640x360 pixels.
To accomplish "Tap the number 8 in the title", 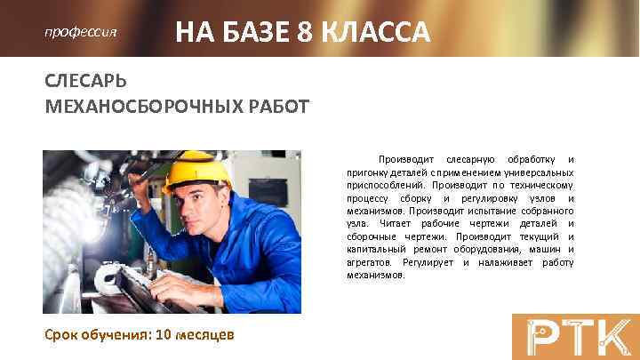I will [x=307, y=33].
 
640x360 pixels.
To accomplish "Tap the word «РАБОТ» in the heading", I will [x=276, y=108].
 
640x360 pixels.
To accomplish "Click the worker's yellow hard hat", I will [x=201, y=170].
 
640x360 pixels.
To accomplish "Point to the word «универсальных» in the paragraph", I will [x=539, y=172].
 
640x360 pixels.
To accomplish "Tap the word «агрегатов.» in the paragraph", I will [x=371, y=263].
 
